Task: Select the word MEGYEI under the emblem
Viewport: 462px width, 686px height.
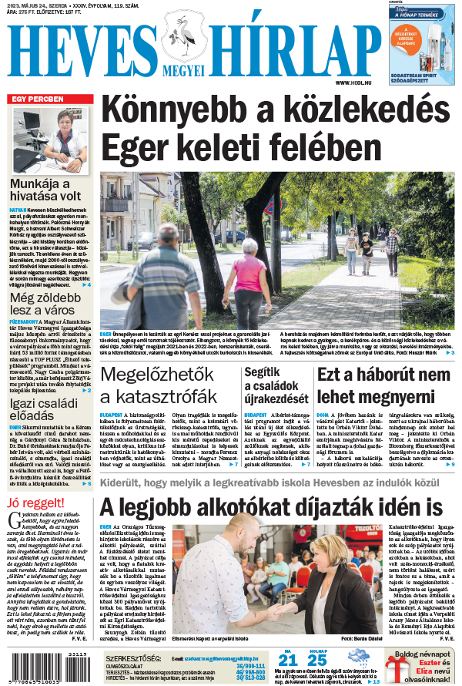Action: point(183,70)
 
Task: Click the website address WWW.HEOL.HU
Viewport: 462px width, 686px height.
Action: point(354,82)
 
